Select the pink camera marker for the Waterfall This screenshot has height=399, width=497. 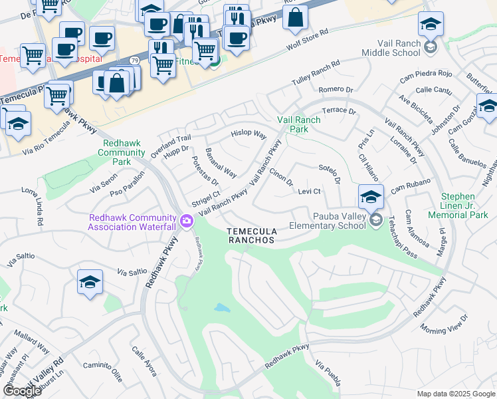point(187,220)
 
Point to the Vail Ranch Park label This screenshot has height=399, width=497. point(298,124)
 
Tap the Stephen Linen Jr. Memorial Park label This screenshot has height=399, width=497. point(466,205)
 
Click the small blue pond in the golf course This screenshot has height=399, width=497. point(222,309)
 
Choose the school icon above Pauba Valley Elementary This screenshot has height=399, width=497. point(371,196)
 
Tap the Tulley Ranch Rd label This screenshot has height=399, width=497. point(316,73)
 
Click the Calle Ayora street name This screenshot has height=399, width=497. point(144,360)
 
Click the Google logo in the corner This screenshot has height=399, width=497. point(22,391)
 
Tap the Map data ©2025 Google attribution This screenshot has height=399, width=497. point(455,394)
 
